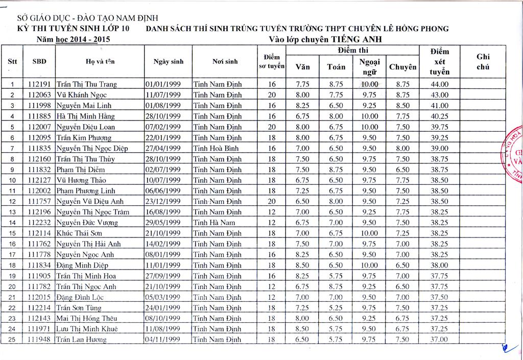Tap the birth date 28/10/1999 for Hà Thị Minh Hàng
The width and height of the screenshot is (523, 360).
point(163,116)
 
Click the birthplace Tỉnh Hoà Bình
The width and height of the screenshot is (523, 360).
point(217,149)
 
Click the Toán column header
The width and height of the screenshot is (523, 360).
point(336,67)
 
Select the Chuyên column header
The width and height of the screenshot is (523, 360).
point(402,67)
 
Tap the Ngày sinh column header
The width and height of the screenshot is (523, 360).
point(168,62)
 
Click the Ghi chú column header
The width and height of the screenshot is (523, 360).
point(482,62)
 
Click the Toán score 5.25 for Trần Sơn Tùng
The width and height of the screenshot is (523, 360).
point(336,308)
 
